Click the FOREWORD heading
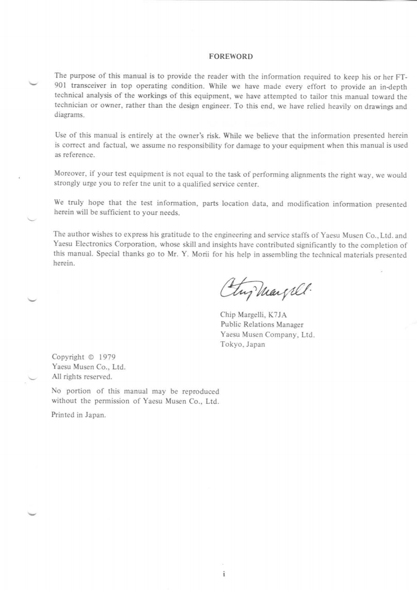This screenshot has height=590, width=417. click(224, 56)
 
